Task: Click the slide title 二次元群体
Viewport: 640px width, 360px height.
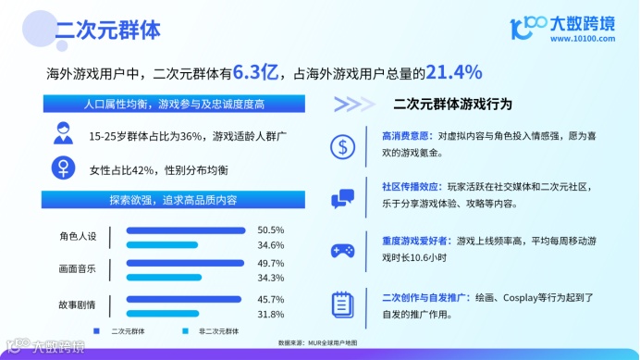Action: pyautogui.click(x=108, y=30)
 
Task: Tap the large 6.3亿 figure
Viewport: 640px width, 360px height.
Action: pyautogui.click(x=255, y=72)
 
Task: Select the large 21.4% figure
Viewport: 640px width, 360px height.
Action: pyautogui.click(x=454, y=72)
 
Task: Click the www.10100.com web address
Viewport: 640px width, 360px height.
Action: pyautogui.click(x=583, y=39)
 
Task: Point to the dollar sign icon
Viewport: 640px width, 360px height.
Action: pyautogui.click(x=342, y=147)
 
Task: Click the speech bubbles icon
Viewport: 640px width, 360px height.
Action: pyautogui.click(x=342, y=199)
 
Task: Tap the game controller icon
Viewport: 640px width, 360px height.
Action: pyautogui.click(x=342, y=251)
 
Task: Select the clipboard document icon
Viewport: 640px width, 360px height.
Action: pyautogui.click(x=342, y=304)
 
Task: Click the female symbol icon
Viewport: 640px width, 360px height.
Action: pyautogui.click(x=63, y=168)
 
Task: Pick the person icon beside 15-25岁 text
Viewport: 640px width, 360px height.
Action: pyautogui.click(x=63, y=133)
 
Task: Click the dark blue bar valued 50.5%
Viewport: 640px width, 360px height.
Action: pyautogui.click(x=186, y=230)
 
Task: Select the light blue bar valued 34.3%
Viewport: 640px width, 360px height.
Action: pyautogui.click(x=164, y=278)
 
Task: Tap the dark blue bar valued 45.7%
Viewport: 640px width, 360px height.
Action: pyautogui.click(x=184, y=300)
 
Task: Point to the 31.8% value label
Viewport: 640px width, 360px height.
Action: pyautogui.click(x=271, y=315)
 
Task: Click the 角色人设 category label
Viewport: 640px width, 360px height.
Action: pyautogui.click(x=78, y=236)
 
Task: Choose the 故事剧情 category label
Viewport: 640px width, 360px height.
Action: pyautogui.click(x=77, y=304)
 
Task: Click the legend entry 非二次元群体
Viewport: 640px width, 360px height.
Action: pyautogui.click(x=218, y=331)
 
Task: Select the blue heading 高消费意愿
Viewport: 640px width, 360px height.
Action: pyautogui.click(x=407, y=136)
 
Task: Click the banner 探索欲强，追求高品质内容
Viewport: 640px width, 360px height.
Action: pyautogui.click(x=173, y=200)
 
